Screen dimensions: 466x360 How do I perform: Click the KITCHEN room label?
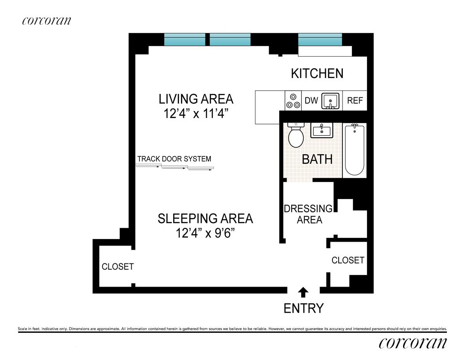click(x=317, y=73)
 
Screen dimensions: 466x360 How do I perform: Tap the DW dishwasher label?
click(x=311, y=100)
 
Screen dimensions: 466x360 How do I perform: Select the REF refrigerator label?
click(x=355, y=100)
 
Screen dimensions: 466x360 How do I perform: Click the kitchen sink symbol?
click(x=330, y=101)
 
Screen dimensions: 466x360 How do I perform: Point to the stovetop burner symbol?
click(x=293, y=101)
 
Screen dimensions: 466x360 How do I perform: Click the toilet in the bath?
click(x=296, y=135)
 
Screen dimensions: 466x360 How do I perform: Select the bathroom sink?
click(x=322, y=130)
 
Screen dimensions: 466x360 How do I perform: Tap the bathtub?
click(x=355, y=150)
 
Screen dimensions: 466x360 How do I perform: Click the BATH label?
click(x=317, y=159)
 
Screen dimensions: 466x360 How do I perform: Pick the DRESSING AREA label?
click(x=308, y=214)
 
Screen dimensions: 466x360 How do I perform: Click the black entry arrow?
click(x=303, y=292)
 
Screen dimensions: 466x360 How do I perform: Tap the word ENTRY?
click(x=303, y=308)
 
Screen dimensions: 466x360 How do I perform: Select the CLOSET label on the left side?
click(x=118, y=267)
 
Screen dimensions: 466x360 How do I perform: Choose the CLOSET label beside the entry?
click(x=348, y=260)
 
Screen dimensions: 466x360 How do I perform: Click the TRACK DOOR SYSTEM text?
click(x=174, y=159)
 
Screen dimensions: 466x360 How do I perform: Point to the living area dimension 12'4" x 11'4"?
click(x=196, y=114)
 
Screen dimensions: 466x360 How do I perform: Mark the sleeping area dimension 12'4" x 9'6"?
click(x=205, y=233)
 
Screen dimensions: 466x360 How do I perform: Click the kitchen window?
click(x=320, y=40)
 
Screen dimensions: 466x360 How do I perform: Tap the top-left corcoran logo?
click(x=47, y=21)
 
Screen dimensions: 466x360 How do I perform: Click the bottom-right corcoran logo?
click(x=413, y=343)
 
